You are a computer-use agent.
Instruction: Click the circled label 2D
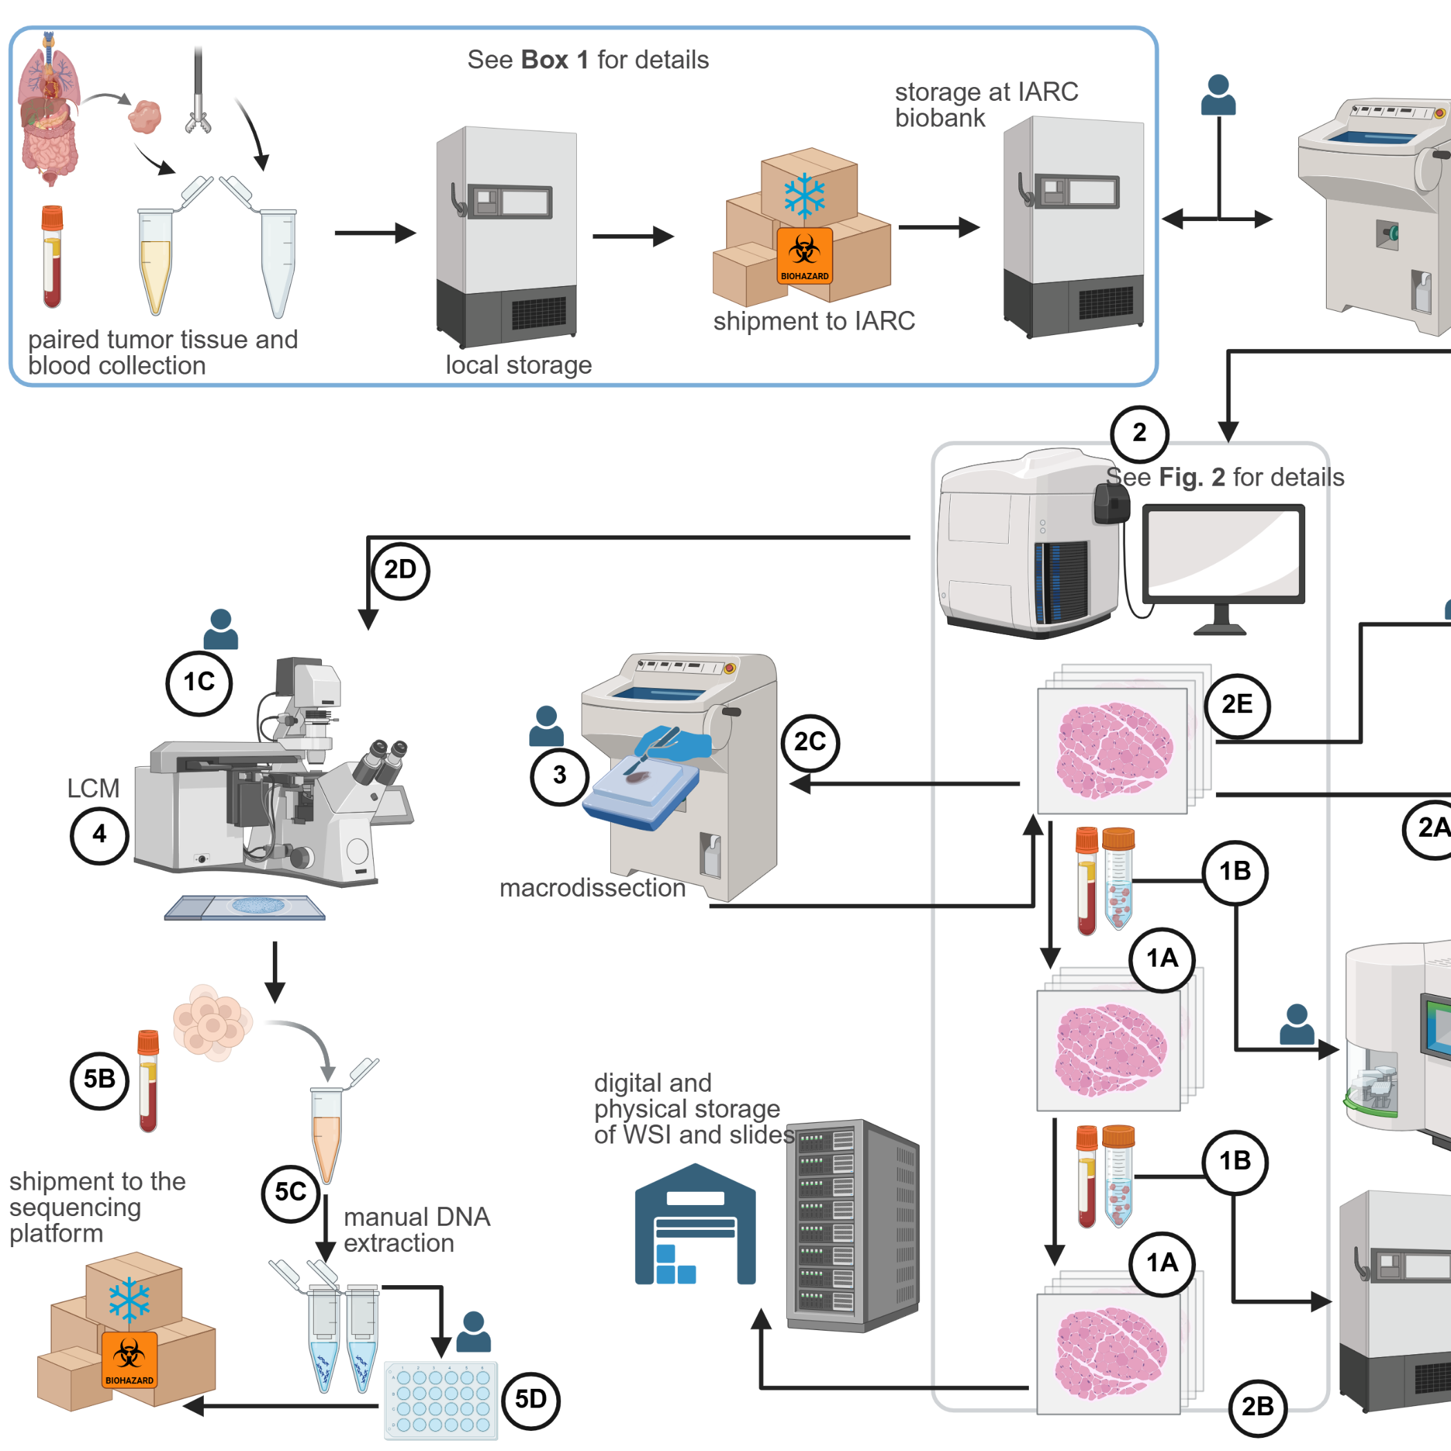tap(400, 571)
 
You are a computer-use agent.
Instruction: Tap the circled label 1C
tap(199, 683)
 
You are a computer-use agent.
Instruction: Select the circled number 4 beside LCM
tap(99, 835)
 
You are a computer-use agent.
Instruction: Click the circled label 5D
tap(531, 1400)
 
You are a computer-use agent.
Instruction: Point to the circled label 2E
tap(1237, 705)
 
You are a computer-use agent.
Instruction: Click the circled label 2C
tap(810, 743)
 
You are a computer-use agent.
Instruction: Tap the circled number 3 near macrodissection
tap(560, 776)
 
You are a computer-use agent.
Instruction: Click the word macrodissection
tap(592, 888)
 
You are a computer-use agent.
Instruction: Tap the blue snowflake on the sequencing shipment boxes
tap(129, 1299)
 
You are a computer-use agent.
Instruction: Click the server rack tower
tap(853, 1226)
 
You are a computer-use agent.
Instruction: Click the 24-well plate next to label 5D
tap(441, 1400)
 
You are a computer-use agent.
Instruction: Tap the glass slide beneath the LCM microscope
tap(245, 907)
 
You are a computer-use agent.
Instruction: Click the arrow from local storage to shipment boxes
tap(632, 236)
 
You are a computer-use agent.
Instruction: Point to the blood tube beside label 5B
tap(148, 1081)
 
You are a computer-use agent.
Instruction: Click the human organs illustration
tap(49, 109)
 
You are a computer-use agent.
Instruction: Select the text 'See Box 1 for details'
tap(587, 60)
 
